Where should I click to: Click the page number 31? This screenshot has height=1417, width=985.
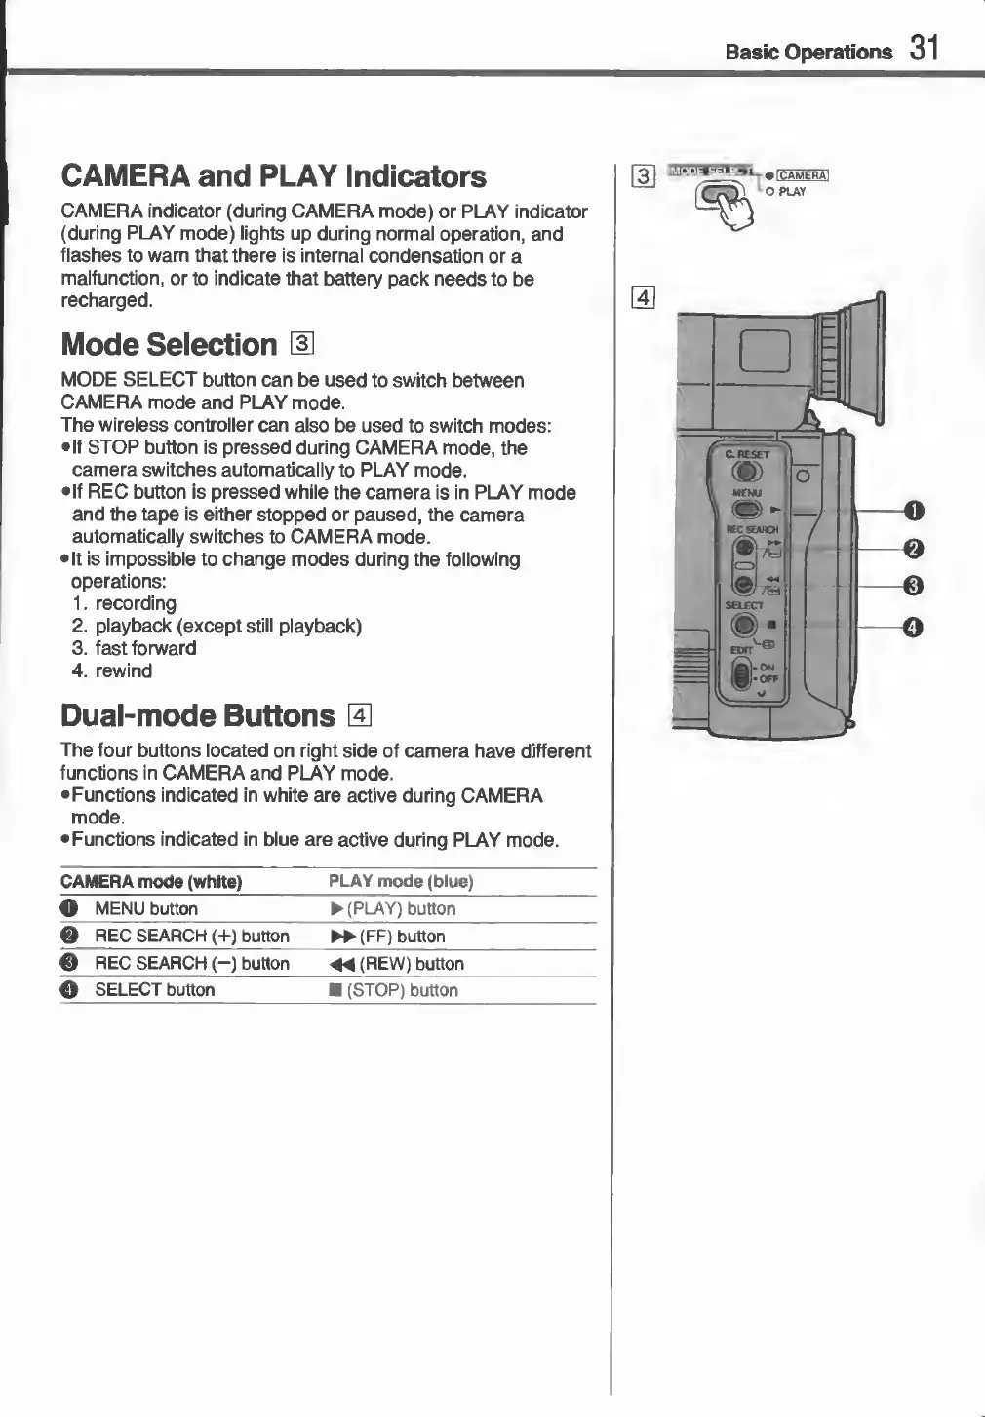tap(924, 48)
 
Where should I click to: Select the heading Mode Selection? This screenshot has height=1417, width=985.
tap(169, 345)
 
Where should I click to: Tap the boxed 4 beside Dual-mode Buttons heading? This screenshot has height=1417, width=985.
tap(359, 716)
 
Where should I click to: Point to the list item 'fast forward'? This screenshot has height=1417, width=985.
tap(145, 648)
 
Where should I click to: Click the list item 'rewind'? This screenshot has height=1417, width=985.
tap(123, 670)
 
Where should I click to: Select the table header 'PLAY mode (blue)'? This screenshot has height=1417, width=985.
tap(401, 881)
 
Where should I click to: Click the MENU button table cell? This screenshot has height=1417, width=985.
tap(146, 908)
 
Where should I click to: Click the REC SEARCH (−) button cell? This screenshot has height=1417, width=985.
tap(191, 963)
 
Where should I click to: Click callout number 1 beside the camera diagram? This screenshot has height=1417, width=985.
tap(914, 511)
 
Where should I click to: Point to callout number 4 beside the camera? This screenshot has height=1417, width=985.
tap(914, 628)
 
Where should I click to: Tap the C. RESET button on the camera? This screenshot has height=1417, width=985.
tap(746, 472)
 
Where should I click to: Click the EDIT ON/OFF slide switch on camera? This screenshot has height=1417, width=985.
tap(742, 674)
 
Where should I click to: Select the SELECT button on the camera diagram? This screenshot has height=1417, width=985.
tap(744, 625)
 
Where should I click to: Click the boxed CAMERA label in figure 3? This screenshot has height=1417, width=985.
tap(803, 175)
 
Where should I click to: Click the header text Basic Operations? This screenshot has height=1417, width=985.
tap(808, 52)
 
